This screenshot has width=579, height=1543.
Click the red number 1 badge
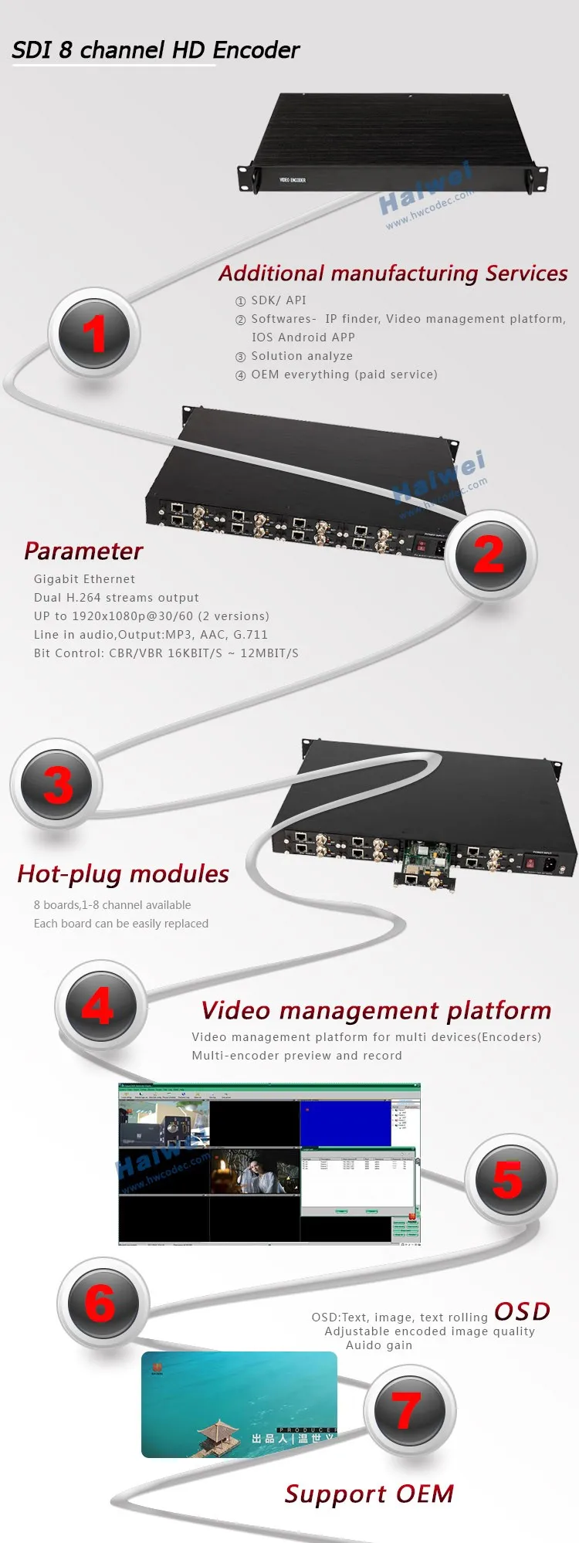94,334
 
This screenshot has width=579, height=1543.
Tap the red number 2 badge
489,555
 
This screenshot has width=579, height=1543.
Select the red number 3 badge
57,785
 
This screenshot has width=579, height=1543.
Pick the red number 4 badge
100,1006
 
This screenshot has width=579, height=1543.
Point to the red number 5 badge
510,1179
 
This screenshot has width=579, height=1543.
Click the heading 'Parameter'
83,551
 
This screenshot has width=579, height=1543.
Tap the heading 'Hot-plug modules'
123,873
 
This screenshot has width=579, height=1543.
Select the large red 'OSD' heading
522,1311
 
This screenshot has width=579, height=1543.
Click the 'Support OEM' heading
369,1494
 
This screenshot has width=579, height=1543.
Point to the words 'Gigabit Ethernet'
84,579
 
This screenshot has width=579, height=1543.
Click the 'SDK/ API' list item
278,300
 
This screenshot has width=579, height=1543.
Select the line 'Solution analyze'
301,356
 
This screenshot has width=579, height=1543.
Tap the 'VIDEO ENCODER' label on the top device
293,180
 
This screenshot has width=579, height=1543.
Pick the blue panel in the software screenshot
345,1124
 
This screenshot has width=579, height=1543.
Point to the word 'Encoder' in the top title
256,50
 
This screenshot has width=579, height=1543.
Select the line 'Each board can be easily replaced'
121,924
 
